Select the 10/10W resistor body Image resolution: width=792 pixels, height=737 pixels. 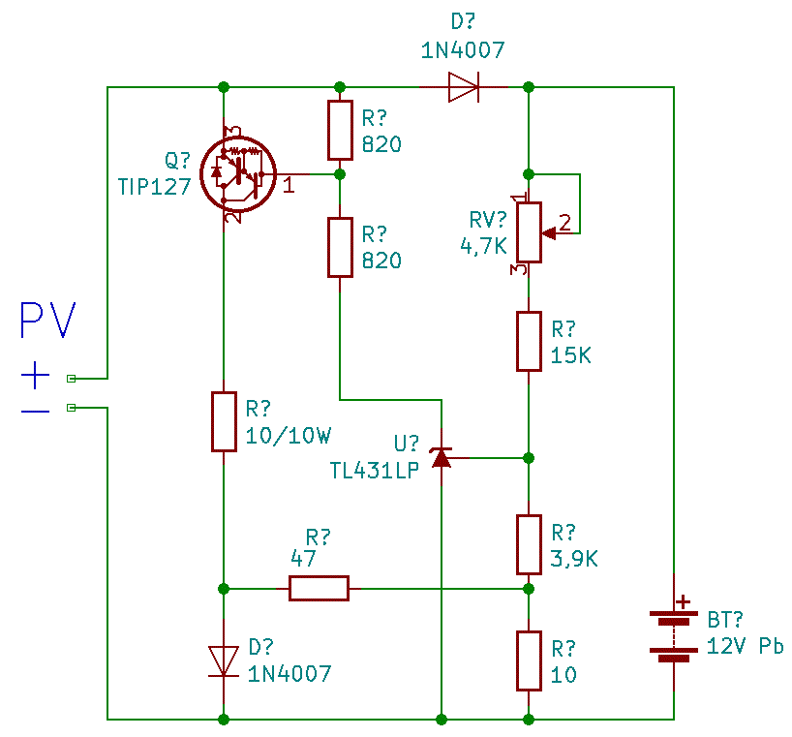coord(224,421)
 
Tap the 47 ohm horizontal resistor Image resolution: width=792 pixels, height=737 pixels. coord(319,588)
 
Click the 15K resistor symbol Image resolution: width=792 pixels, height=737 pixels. coord(529,341)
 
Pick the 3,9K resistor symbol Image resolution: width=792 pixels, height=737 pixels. coord(529,544)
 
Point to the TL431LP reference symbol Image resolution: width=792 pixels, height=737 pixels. coord(442,457)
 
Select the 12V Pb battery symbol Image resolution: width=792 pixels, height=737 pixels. coord(674,634)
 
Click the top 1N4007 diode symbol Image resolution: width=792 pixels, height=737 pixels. coord(464,88)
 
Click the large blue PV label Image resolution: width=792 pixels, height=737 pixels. coord(47,322)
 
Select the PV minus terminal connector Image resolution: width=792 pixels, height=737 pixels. coord(71,408)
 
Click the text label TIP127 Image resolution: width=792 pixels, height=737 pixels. coord(154,187)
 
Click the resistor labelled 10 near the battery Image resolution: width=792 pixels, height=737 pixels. coord(529,660)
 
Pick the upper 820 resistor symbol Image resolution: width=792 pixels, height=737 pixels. coord(339,130)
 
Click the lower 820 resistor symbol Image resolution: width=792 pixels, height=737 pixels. coord(339,247)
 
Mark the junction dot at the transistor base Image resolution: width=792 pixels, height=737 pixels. coord(339,174)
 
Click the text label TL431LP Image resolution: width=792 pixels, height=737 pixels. coord(374,470)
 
